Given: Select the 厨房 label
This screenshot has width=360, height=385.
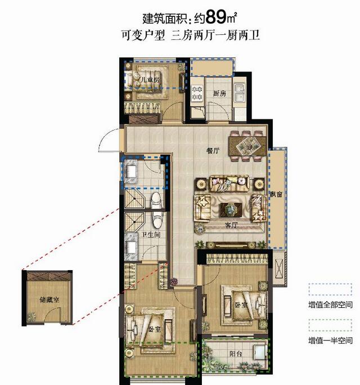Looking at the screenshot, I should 219,93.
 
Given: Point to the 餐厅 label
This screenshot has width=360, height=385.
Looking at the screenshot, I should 212,150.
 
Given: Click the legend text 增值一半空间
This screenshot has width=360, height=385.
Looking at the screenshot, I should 330,341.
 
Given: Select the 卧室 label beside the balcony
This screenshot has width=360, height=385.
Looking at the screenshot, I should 241,305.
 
